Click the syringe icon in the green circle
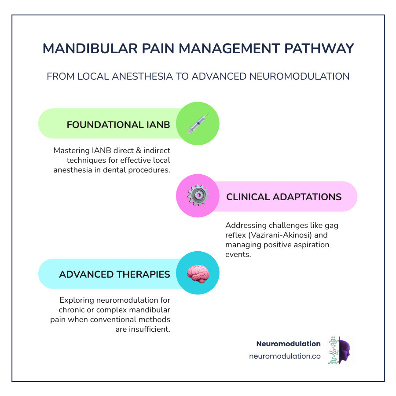pos(198,124)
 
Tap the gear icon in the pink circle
pos(198,196)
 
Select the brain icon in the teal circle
pos(198,273)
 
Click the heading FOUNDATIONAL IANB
pos(118,125)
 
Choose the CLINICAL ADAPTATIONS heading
pos(284,197)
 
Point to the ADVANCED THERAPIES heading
pos(114,274)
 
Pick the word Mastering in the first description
pos(70,150)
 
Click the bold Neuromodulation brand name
pos(288,344)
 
